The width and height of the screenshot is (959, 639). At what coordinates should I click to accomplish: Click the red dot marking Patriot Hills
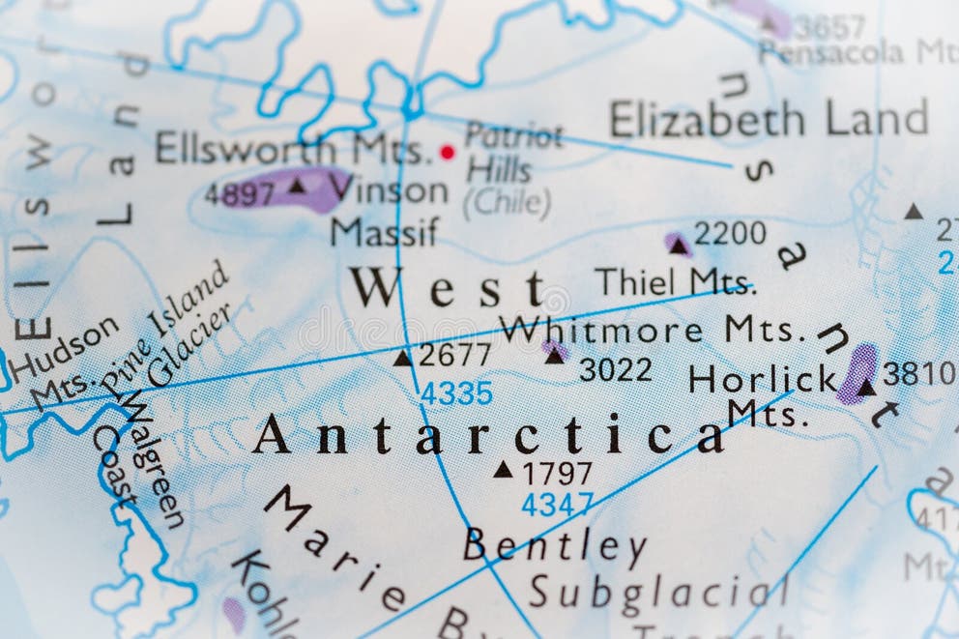click(x=447, y=152)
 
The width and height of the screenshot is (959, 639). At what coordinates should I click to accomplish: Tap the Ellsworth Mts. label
click(x=289, y=149)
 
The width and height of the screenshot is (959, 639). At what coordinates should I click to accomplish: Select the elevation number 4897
click(x=239, y=193)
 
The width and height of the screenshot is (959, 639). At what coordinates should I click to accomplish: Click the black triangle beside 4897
click(x=298, y=185)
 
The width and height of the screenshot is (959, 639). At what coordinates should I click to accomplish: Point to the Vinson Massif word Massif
click(x=384, y=232)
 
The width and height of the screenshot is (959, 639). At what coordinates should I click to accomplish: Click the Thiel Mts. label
click(x=674, y=281)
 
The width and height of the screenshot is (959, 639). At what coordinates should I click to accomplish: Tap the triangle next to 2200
click(x=679, y=247)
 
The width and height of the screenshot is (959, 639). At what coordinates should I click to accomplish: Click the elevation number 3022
click(x=615, y=369)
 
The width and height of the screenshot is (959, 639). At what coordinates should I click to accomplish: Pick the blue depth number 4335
click(x=455, y=393)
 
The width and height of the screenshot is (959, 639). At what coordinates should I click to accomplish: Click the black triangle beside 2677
click(x=402, y=359)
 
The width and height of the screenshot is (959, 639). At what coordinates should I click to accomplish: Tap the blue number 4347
click(x=557, y=504)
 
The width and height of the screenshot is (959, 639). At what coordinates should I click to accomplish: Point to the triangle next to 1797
click(x=503, y=470)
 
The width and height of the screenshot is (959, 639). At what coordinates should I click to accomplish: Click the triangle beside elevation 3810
click(x=865, y=388)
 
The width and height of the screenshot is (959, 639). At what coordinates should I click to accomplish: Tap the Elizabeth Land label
click(x=768, y=119)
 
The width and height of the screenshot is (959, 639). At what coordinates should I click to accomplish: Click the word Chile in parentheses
click(x=506, y=202)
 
